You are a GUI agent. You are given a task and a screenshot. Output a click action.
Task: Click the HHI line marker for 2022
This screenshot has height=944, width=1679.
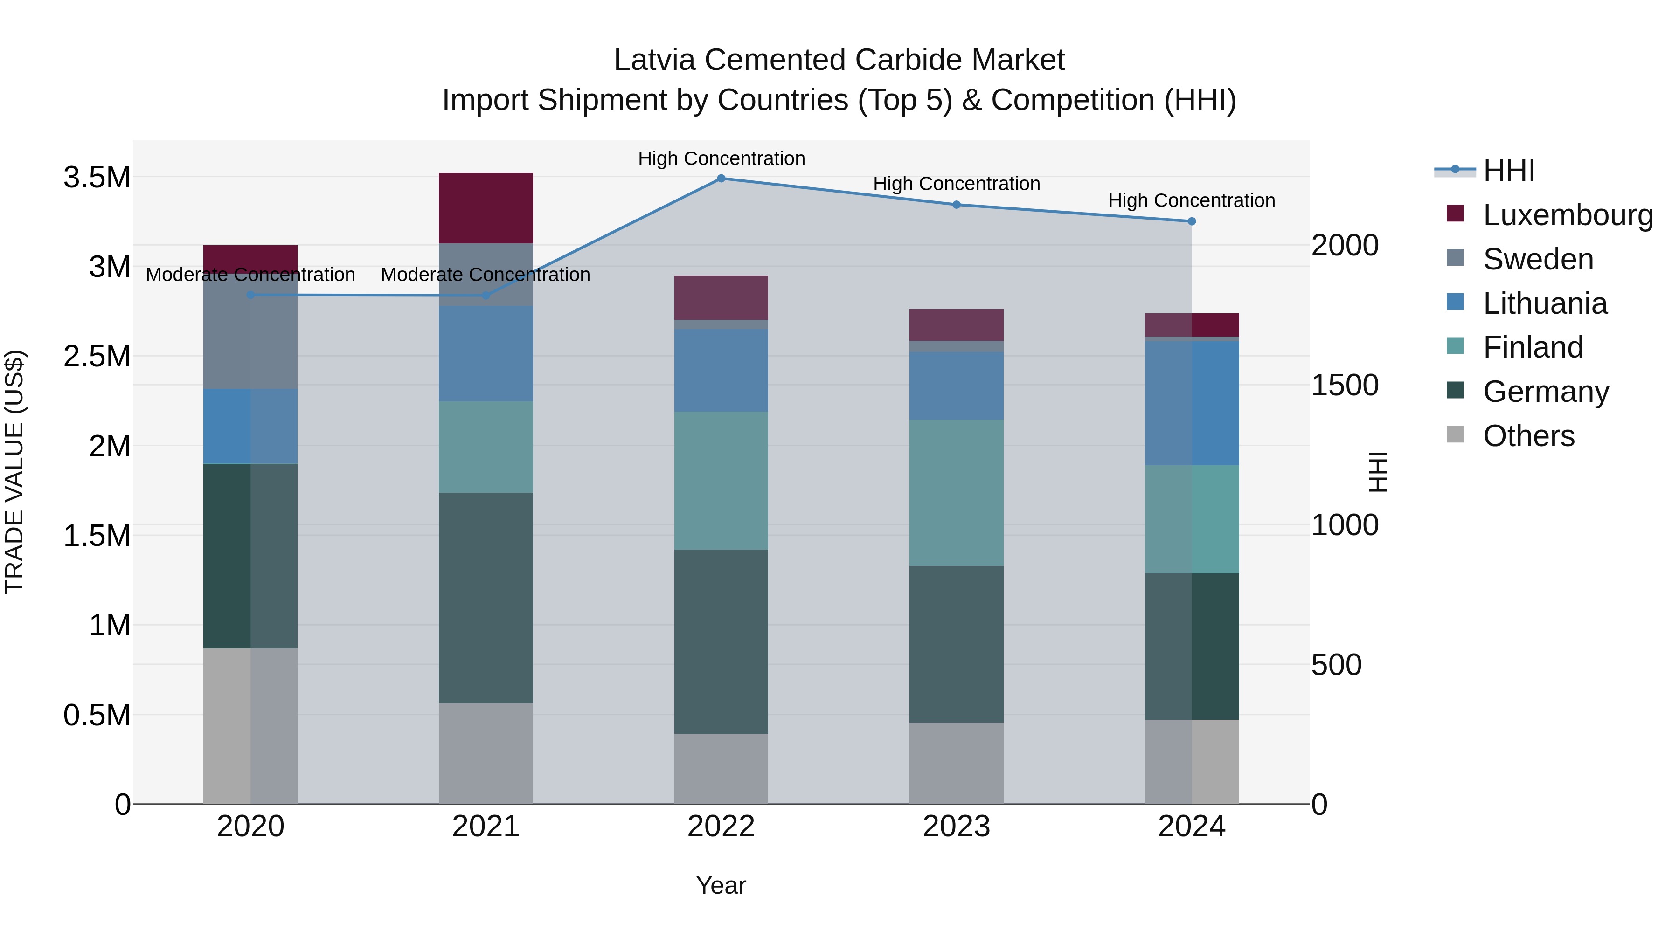click(x=721, y=179)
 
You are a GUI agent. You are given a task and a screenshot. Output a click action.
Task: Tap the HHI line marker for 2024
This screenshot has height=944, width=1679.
click(x=1192, y=221)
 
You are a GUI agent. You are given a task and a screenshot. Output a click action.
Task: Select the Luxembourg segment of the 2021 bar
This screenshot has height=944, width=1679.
click(x=486, y=208)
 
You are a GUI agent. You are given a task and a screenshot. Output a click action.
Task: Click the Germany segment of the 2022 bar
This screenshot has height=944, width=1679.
click(x=721, y=642)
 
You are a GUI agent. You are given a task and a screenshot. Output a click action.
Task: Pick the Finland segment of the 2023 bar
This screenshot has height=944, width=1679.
click(x=956, y=493)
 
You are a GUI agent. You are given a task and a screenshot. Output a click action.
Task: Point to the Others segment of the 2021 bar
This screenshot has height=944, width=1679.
click(x=486, y=753)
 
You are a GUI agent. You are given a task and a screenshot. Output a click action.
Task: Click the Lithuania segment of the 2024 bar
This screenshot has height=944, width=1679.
click(x=1192, y=403)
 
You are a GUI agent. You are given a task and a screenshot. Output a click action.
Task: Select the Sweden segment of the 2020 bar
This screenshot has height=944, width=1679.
click(x=250, y=332)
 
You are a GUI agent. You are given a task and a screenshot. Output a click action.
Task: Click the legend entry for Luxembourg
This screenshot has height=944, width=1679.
click(x=1568, y=215)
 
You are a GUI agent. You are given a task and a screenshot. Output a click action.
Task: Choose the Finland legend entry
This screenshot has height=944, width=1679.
click(x=1533, y=347)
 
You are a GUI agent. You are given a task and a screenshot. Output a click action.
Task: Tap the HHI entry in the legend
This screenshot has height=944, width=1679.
click(x=1508, y=171)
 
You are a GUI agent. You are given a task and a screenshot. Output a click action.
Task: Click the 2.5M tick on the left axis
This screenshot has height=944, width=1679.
click(x=97, y=356)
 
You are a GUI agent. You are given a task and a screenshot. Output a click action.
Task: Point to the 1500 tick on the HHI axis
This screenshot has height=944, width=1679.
click(x=1345, y=385)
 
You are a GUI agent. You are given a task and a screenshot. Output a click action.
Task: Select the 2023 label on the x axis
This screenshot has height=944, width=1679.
click(x=956, y=827)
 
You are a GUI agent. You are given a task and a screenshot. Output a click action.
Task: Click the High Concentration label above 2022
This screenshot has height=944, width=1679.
click(x=721, y=158)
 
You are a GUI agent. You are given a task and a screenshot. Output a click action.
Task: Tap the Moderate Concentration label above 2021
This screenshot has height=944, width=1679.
click(x=486, y=275)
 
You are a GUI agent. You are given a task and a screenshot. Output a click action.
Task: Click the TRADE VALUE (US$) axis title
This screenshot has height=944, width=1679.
click(x=14, y=472)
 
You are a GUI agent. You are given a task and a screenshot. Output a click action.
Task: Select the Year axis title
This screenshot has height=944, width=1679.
click(x=721, y=885)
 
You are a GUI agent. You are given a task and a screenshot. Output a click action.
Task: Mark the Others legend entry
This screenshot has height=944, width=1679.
click(x=1528, y=436)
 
